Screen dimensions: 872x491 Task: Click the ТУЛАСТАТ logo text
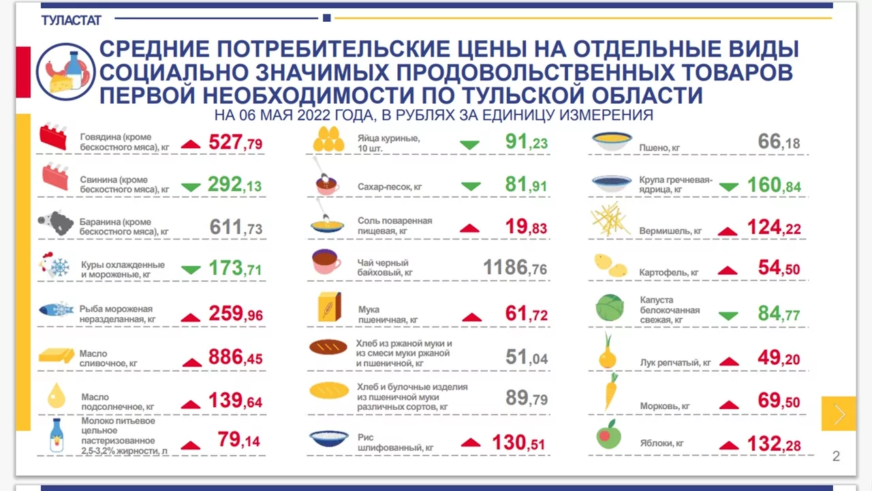pyautogui.click(x=72, y=20)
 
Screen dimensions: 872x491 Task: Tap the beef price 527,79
pyautogui.click(x=236, y=142)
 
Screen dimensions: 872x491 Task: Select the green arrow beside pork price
pyautogui.click(x=191, y=187)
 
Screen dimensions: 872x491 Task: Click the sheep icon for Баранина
pyautogui.click(x=56, y=223)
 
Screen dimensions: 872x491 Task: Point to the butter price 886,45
pyautogui.click(x=236, y=357)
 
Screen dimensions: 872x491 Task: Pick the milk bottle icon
pyautogui.click(x=57, y=435)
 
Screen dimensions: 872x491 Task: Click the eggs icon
pyautogui.click(x=328, y=138)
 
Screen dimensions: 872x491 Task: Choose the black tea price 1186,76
pyautogui.click(x=515, y=267)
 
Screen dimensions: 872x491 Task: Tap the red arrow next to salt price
pyautogui.click(x=469, y=228)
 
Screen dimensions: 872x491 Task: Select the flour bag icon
pyautogui.click(x=330, y=307)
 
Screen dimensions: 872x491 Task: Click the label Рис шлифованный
pyautogui.click(x=396, y=443)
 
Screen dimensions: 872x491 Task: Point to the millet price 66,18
pyautogui.click(x=779, y=141)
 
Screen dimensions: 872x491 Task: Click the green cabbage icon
pyautogui.click(x=610, y=308)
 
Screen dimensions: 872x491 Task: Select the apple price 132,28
pyautogui.click(x=774, y=444)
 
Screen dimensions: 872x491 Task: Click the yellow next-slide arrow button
pyautogui.click(x=839, y=414)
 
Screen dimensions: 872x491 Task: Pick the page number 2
pyautogui.click(x=836, y=456)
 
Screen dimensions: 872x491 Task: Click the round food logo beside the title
pyautogui.click(x=65, y=72)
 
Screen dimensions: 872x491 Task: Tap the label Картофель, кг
pyautogui.click(x=669, y=272)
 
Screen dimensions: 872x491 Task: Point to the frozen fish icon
pyautogui.click(x=56, y=310)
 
